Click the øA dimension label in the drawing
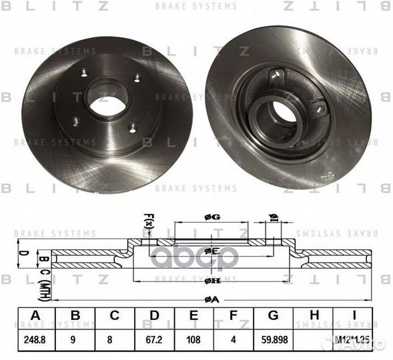[x=211, y=299]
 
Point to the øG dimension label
[x=211, y=216]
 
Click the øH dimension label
[x=211, y=281]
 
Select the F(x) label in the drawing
[x=148, y=219]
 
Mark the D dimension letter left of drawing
[x=22, y=254]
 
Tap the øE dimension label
[x=211, y=251]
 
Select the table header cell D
[x=155, y=315]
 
